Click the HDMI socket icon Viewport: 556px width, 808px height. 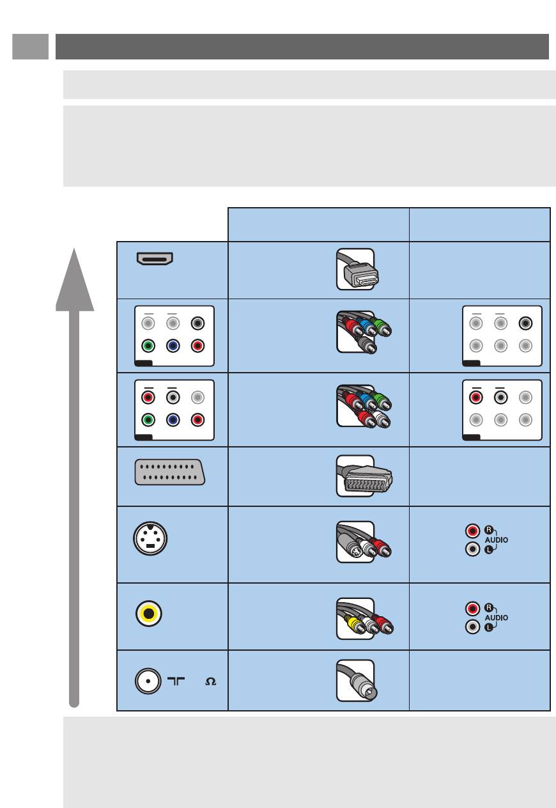pyautogui.click(x=155, y=259)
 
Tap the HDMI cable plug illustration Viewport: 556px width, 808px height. pyautogui.click(x=357, y=269)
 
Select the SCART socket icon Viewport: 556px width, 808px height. pyautogui.click(x=170, y=472)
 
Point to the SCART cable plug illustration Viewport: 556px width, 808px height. pyautogui.click(x=364, y=476)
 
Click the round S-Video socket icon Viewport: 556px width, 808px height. pyautogui.click(x=150, y=538)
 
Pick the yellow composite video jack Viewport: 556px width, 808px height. pyautogui.click(x=148, y=613)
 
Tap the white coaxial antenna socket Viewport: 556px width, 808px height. pyautogui.click(x=148, y=681)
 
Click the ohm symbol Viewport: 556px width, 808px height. pyautogui.click(x=210, y=681)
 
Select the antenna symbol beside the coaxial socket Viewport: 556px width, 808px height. pyautogui.click(x=176, y=681)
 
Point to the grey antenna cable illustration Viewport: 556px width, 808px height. pyautogui.click(x=356, y=681)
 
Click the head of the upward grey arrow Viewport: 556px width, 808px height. pyautogui.click(x=75, y=279)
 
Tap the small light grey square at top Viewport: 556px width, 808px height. pyautogui.click(x=30, y=47)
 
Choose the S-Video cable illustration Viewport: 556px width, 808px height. pyautogui.click(x=364, y=542)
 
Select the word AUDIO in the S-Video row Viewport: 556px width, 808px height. pyautogui.click(x=496, y=540)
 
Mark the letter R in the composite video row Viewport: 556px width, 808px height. pyautogui.click(x=488, y=608)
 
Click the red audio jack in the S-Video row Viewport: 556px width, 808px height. pyautogui.click(x=472, y=531)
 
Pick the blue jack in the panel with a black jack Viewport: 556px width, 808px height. pyautogui.click(x=173, y=346)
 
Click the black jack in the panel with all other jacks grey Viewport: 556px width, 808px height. pyautogui.click(x=525, y=323)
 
